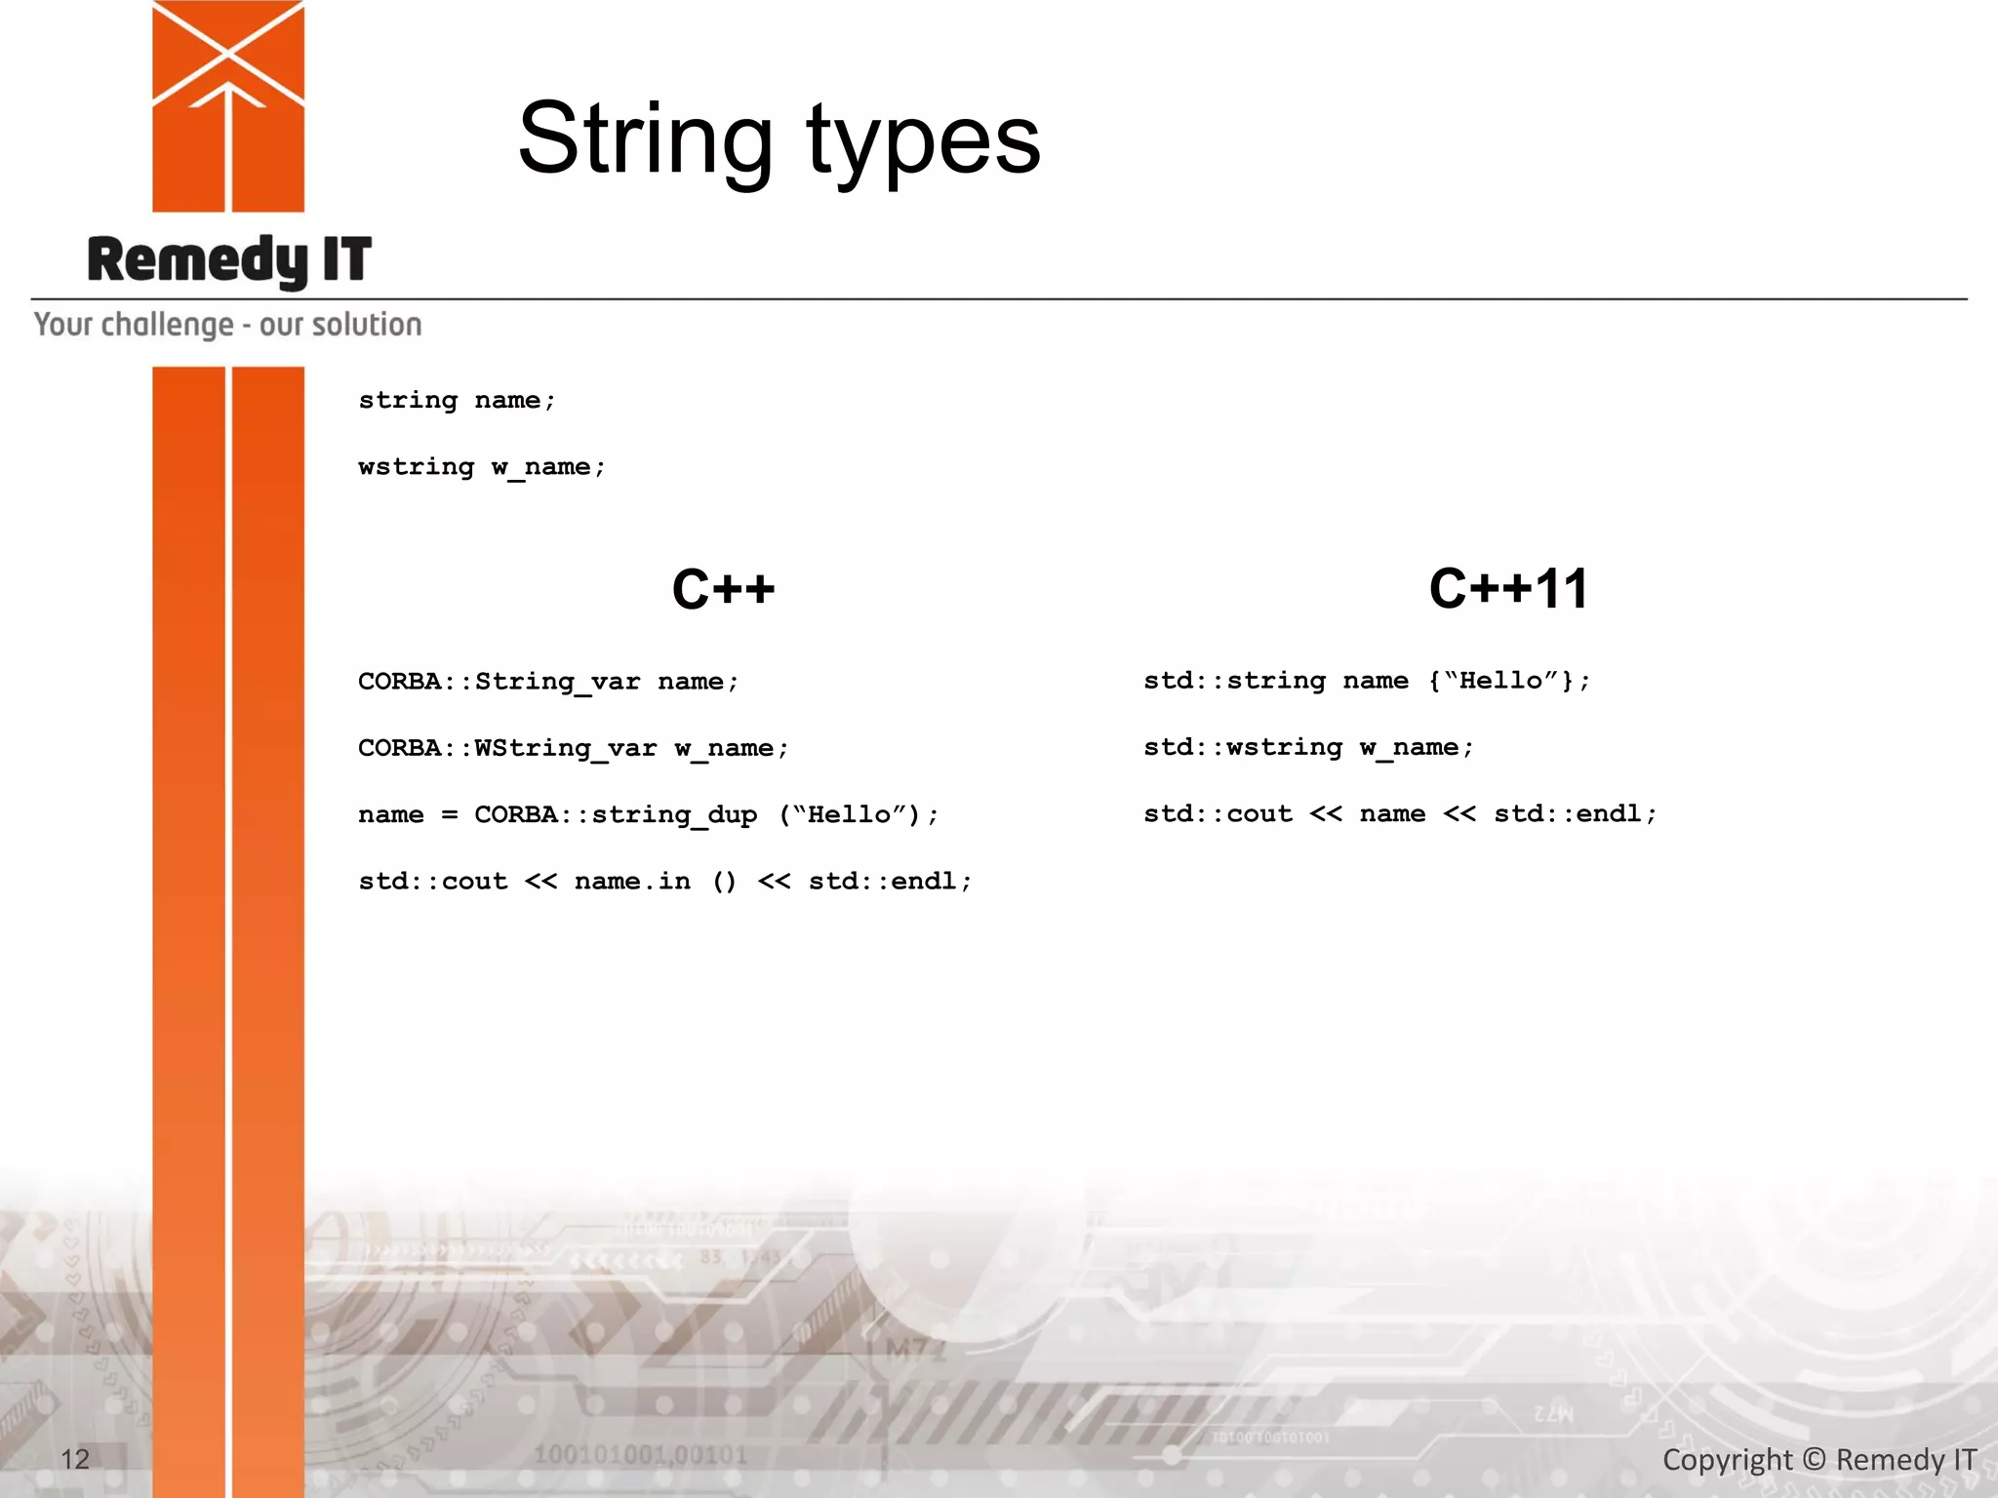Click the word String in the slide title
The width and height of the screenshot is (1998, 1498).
[645, 139]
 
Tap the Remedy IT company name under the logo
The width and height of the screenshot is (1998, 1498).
[229, 259]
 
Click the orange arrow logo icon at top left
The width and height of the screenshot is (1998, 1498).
[228, 105]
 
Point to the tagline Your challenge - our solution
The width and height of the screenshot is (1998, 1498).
[227, 325]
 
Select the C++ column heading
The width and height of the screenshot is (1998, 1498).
[723, 590]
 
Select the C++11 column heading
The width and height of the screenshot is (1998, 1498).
[1508, 589]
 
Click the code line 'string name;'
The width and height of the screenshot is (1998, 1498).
[457, 401]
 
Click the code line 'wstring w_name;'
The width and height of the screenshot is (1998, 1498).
[482, 467]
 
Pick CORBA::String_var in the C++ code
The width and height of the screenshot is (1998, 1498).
[499, 682]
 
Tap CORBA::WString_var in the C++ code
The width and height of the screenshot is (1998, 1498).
[507, 748]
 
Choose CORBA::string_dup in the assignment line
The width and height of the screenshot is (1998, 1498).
[616, 814]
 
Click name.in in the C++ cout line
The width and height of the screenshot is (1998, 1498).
[632, 882]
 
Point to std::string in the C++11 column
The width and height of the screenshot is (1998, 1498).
[1234, 681]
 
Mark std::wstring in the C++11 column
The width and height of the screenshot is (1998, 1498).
[1243, 747]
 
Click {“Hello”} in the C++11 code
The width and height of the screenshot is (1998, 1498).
[1500, 681]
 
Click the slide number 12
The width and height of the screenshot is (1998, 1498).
[75, 1459]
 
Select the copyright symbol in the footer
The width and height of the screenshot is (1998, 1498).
[1814, 1460]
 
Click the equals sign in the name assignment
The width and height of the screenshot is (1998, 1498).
[449, 815]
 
